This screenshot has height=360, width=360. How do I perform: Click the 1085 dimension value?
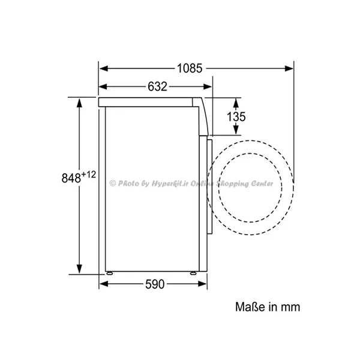[x=190, y=68]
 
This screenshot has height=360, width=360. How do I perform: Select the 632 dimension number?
[x=157, y=86]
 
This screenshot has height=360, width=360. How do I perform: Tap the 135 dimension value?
[x=236, y=116]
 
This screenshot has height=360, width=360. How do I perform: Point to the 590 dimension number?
[x=155, y=284]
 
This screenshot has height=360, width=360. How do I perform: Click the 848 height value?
[x=71, y=178]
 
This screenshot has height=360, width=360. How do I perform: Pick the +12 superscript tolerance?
[x=89, y=175]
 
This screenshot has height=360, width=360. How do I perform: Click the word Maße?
[x=250, y=307]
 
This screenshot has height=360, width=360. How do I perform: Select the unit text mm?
[x=290, y=307]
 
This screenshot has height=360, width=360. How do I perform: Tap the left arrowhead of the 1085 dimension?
[x=104, y=68]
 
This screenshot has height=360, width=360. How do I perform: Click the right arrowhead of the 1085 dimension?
[x=289, y=68]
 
